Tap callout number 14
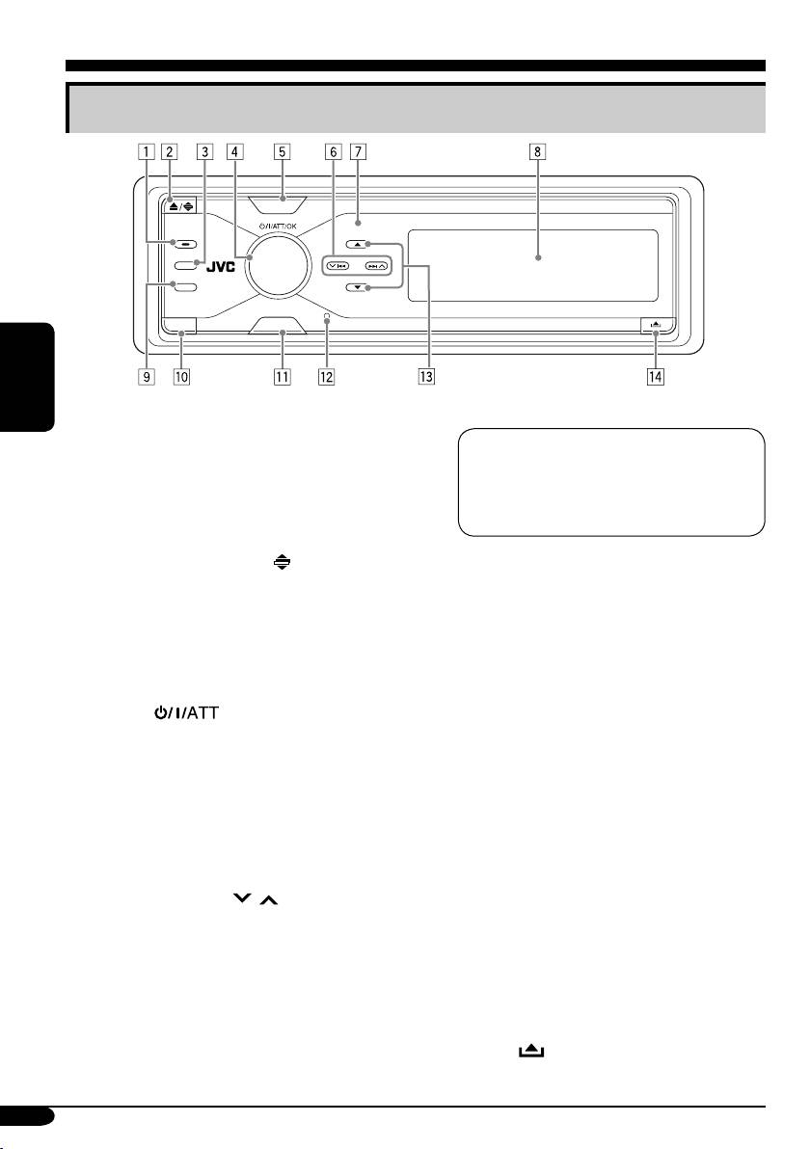click(x=655, y=378)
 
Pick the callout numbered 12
click(x=327, y=378)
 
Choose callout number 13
click(x=427, y=378)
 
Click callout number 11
click(x=282, y=378)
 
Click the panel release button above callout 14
click(x=656, y=328)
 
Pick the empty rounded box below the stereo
click(x=610, y=482)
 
